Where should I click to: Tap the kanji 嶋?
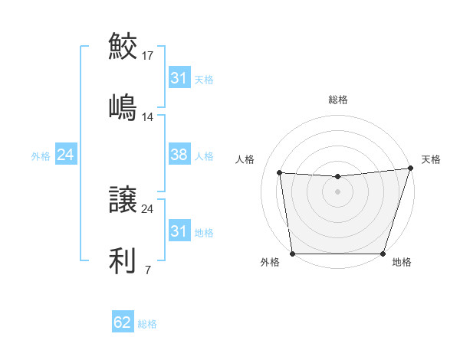coord(123,106)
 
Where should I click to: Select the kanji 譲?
coord(123,201)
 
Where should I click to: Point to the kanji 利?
coord(123,260)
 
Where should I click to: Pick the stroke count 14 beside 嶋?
coord(148,117)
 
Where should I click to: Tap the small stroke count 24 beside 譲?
coord(148,208)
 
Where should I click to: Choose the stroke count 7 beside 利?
coord(147,270)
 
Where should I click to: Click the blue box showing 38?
coord(179,155)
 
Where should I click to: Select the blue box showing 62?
coord(123,323)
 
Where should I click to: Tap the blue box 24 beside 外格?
coord(66,155)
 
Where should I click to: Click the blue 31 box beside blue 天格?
coord(179,79)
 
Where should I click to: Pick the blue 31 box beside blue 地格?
coord(179,231)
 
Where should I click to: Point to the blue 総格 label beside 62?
coord(147,324)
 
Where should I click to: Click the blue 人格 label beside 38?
coord(204,155)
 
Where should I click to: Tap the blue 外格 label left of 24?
coord(41,155)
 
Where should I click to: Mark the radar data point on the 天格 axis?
coord(410,169)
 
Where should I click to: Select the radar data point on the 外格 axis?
coord(292,253)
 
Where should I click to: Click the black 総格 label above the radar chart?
coord(337,100)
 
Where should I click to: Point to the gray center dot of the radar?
coord(337,191)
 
